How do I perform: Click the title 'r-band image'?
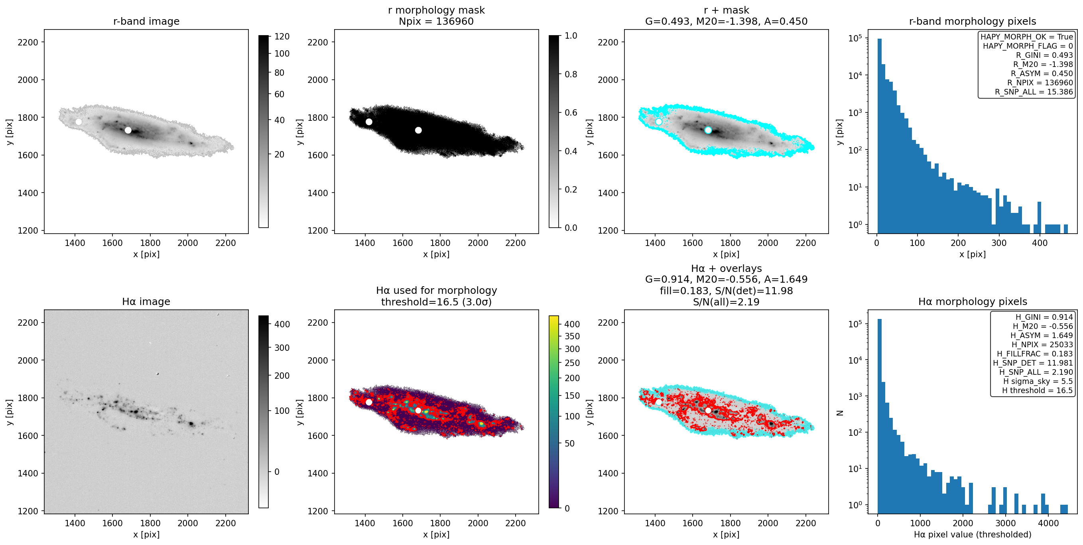click(x=146, y=22)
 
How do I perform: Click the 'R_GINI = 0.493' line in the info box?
click(x=1044, y=55)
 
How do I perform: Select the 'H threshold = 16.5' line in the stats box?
click(x=1037, y=390)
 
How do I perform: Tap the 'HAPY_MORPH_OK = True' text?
click(x=1027, y=37)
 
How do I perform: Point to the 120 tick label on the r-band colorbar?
click(x=282, y=37)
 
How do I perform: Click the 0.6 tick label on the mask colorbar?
click(x=571, y=112)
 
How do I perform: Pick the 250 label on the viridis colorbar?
click(x=572, y=363)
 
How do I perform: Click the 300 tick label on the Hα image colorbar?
click(x=282, y=348)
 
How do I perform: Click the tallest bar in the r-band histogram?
click(x=879, y=136)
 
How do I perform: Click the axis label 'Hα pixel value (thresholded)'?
click(x=973, y=535)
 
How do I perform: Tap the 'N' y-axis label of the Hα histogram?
click(x=841, y=413)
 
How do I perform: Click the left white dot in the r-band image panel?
click(x=79, y=122)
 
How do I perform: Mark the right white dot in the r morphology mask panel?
click(x=418, y=130)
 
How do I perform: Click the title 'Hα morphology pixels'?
click(x=973, y=302)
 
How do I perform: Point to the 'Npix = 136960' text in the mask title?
click(x=436, y=22)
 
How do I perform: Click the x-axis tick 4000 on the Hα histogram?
click(x=1048, y=523)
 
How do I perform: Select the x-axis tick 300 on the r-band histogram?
click(x=999, y=243)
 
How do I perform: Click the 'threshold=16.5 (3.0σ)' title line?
click(x=436, y=302)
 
